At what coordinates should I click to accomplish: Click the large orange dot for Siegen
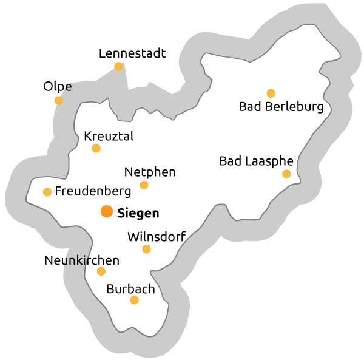(x=106, y=212)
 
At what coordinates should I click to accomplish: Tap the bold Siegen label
(x=138, y=213)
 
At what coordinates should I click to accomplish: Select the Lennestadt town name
(x=132, y=53)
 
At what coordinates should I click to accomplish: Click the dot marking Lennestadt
(x=119, y=66)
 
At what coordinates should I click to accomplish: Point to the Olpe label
(x=58, y=87)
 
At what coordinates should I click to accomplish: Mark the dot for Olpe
(x=59, y=100)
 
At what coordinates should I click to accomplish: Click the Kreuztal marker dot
(x=96, y=148)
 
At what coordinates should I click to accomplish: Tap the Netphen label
(x=149, y=172)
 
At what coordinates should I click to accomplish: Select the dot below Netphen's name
(x=144, y=185)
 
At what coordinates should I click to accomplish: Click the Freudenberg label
(x=93, y=192)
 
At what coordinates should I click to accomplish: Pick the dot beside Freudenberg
(x=47, y=192)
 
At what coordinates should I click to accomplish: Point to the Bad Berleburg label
(x=281, y=107)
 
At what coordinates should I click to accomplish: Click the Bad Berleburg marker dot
(x=271, y=93)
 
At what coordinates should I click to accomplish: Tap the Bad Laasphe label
(x=256, y=161)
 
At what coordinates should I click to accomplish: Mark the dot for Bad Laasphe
(x=286, y=174)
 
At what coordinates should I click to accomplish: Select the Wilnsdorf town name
(x=156, y=236)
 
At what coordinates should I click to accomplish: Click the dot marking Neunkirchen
(x=101, y=271)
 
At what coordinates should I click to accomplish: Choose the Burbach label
(x=130, y=289)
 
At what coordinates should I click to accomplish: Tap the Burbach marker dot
(x=134, y=300)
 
